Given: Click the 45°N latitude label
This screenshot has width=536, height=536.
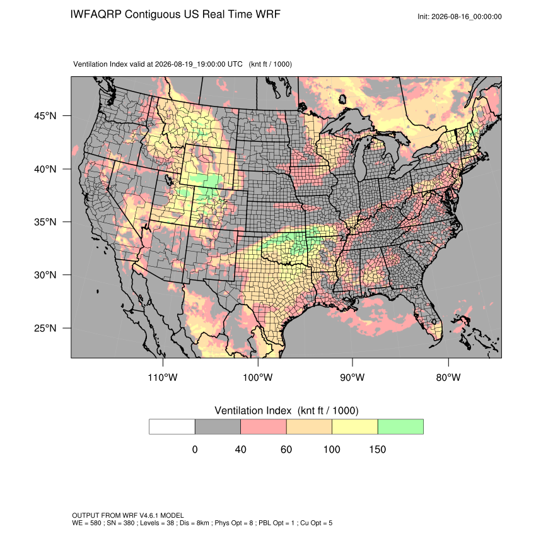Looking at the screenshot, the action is [x=45, y=116].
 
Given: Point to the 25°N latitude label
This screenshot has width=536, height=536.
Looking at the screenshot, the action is [x=45, y=328].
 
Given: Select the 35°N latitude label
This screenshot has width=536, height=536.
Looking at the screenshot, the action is [x=45, y=222].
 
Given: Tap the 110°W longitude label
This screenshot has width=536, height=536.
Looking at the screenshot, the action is [x=163, y=377].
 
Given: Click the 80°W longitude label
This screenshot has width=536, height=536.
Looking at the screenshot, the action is [x=448, y=377].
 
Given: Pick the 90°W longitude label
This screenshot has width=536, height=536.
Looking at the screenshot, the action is [x=352, y=377].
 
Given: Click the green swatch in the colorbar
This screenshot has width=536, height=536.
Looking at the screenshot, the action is [x=400, y=427].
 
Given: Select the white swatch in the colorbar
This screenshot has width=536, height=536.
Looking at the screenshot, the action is [x=172, y=427].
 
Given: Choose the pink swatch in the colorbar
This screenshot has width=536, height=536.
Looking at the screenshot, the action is [x=264, y=427].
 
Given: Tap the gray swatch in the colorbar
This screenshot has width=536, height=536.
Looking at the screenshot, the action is [x=218, y=427].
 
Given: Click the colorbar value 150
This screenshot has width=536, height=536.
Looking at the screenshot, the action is [x=377, y=449].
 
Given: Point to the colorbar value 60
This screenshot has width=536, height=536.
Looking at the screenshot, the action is [x=286, y=449].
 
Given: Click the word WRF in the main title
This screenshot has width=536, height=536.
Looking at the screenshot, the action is [x=268, y=15].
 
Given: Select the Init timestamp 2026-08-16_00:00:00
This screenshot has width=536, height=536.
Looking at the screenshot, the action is [x=466, y=16].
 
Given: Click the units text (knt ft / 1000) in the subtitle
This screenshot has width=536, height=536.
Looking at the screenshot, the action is [x=270, y=64].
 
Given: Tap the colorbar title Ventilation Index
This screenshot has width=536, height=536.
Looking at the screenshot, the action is [x=253, y=411].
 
